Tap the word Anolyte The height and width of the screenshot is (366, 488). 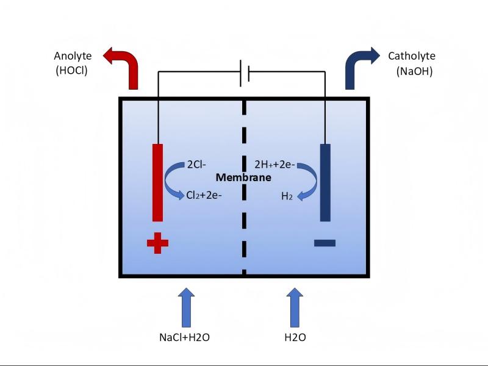pyautogui.click(x=73, y=56)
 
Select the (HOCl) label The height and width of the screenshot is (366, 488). pyautogui.click(x=71, y=70)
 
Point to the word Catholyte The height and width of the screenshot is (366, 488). pyautogui.click(x=412, y=56)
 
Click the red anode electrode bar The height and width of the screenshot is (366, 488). pyautogui.click(x=157, y=182)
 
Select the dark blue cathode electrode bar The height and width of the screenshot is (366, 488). pyautogui.click(x=325, y=182)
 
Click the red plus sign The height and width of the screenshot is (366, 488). pyautogui.click(x=157, y=244)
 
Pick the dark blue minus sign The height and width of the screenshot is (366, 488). pyautogui.click(x=325, y=243)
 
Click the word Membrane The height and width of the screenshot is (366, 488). pyautogui.click(x=244, y=178)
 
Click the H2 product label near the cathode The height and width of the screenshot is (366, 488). pyautogui.click(x=287, y=196)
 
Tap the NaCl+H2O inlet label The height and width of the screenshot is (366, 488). pyautogui.click(x=184, y=336)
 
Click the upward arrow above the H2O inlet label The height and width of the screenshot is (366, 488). pyautogui.click(x=295, y=308)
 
